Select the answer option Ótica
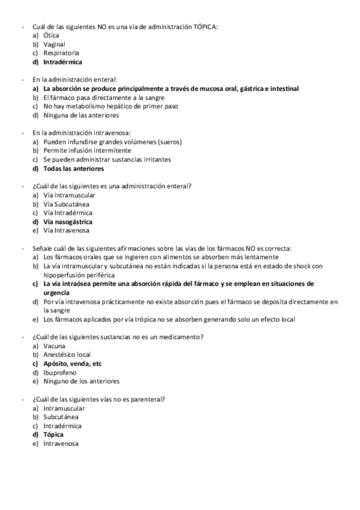52,35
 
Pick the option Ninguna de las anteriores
81,115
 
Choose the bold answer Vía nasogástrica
68,221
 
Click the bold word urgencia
58,292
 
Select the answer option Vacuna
55,346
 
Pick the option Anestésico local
67,354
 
